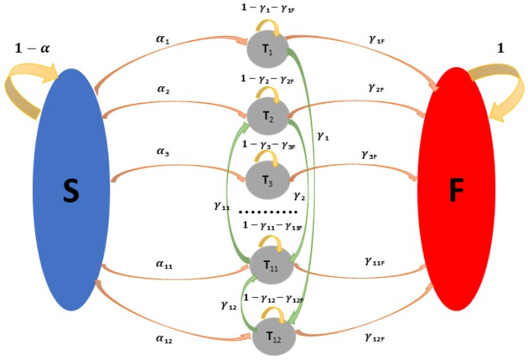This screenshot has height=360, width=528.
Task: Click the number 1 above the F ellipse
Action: pos(501,49)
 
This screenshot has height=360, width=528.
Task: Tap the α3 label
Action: pos(163,153)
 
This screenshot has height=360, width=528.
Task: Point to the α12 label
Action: pos(165,340)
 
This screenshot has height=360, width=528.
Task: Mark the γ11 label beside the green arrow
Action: pos(222,205)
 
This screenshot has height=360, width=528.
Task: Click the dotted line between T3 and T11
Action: pos(269,212)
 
